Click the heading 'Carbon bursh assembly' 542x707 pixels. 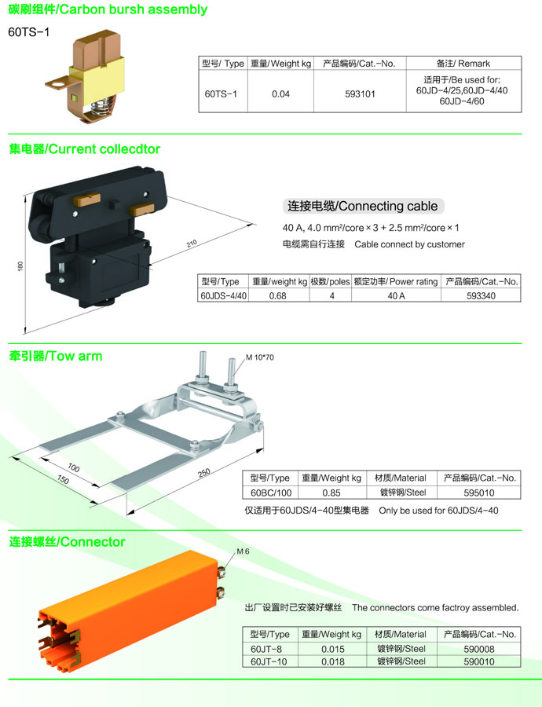click(133, 9)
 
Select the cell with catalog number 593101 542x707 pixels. click(360, 94)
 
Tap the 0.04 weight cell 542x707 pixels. click(280, 94)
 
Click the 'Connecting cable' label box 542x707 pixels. click(363, 206)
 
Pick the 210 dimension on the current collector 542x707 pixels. click(192, 244)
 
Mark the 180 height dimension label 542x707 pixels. click(20, 266)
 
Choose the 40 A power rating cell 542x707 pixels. click(396, 296)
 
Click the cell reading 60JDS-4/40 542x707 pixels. click(224, 296)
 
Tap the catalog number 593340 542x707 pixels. click(481, 296)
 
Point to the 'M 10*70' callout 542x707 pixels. click(260, 357)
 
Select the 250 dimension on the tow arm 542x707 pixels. click(204, 473)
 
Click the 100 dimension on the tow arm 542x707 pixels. click(74, 467)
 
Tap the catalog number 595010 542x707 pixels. click(479, 493)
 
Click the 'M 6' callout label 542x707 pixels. click(243, 551)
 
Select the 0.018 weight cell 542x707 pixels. click(333, 661)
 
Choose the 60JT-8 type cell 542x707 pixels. click(266, 649)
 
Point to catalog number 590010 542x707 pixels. click(479, 661)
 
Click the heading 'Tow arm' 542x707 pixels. click(76, 356)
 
